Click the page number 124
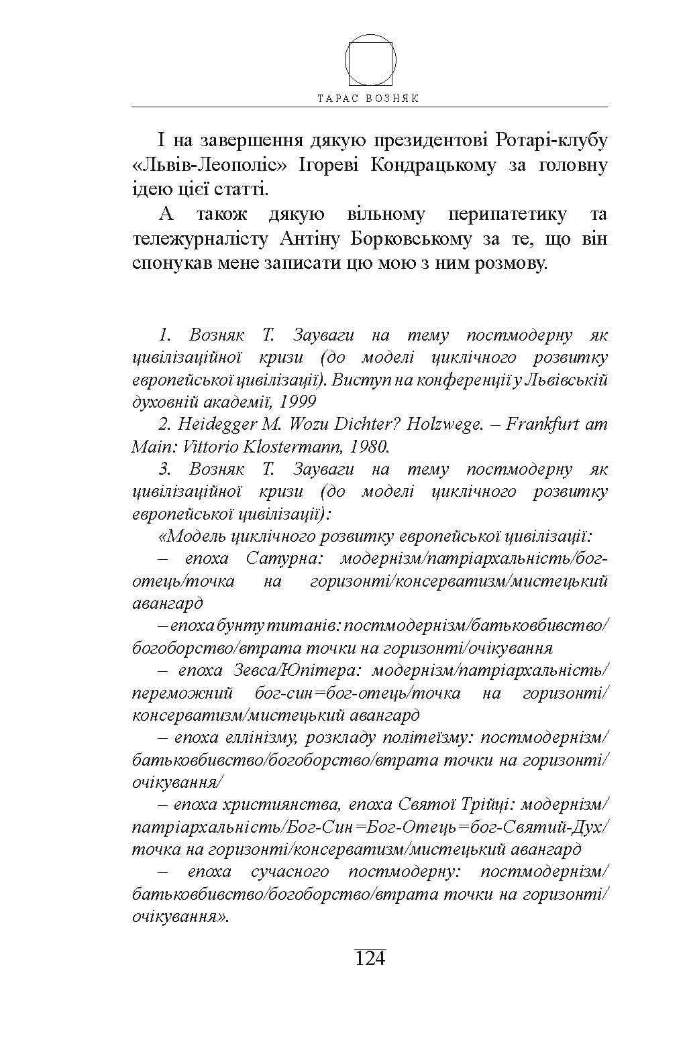370,957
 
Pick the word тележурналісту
195,239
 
